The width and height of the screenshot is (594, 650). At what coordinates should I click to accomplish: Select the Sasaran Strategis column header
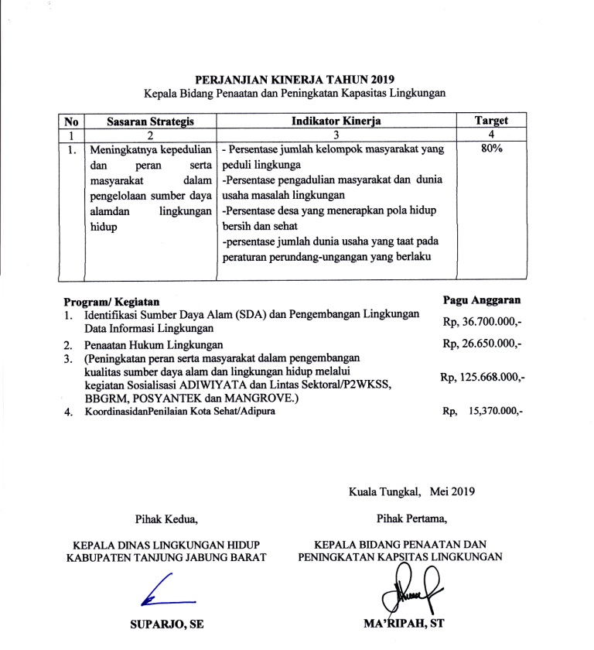[149, 121]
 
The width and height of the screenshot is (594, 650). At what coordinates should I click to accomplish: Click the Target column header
[492, 121]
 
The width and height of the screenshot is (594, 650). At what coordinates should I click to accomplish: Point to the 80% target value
[492, 149]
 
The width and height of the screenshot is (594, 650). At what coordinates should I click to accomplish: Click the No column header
[72, 121]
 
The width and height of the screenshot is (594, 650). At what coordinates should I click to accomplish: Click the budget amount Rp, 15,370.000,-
[483, 412]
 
